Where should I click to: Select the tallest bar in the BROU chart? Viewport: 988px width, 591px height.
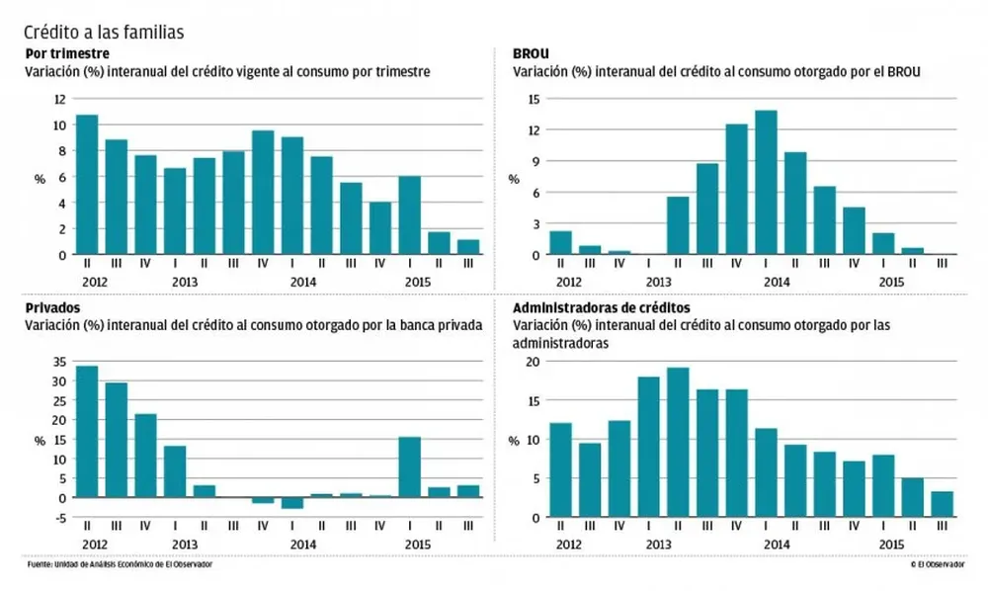(766, 183)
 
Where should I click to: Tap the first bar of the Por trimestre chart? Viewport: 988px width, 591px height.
(87, 185)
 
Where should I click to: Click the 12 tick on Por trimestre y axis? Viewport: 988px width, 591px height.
(60, 99)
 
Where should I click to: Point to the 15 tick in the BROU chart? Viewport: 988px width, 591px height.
(535, 99)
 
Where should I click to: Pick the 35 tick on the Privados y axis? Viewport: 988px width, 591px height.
(59, 362)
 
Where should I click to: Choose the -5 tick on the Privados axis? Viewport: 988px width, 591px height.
(59, 517)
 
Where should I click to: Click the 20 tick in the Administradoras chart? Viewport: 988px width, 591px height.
(533, 362)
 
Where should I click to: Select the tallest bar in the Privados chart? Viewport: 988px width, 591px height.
(87, 432)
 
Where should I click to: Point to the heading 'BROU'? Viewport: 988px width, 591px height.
(532, 53)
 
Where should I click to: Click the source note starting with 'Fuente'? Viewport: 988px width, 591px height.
(119, 564)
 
